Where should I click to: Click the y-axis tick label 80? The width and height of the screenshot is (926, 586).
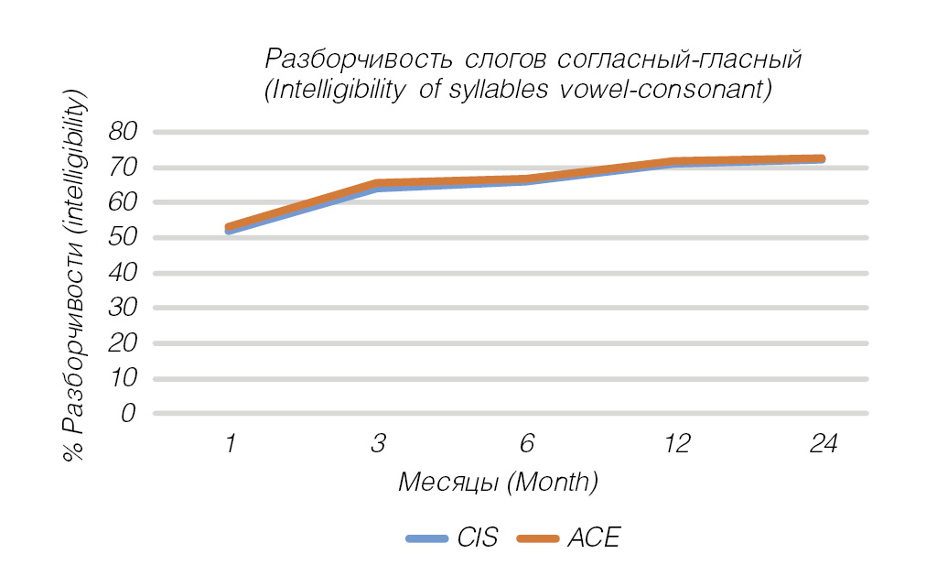pos(122,132)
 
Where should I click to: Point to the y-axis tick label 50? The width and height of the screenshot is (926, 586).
pos(122,237)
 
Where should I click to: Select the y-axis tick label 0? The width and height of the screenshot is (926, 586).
pos(129,413)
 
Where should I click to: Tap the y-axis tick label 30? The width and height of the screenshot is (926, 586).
pos(122,308)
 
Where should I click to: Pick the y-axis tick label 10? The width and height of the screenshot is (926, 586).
pos(122,378)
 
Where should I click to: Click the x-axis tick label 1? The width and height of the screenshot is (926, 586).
pos(229,445)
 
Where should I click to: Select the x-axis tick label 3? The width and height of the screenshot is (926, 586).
pos(378,445)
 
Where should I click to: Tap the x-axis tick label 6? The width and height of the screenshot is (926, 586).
pos(526,445)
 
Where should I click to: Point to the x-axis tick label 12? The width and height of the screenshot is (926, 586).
pos(675,445)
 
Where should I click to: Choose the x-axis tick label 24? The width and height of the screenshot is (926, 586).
pos(824,445)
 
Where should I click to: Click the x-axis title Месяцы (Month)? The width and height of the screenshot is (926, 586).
pos(498,482)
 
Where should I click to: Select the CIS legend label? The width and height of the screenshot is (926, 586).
pos(478,537)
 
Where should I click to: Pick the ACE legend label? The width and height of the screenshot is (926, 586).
pos(593,537)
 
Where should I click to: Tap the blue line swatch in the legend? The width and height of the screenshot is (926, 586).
pos(427,538)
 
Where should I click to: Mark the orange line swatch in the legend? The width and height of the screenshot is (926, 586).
pos(537,538)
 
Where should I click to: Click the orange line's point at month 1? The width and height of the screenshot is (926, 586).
pos(230,227)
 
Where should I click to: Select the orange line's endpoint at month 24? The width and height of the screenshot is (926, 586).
pos(822,159)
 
